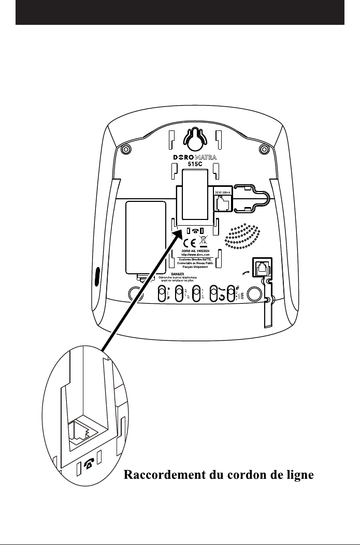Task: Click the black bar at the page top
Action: (180, 12)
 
